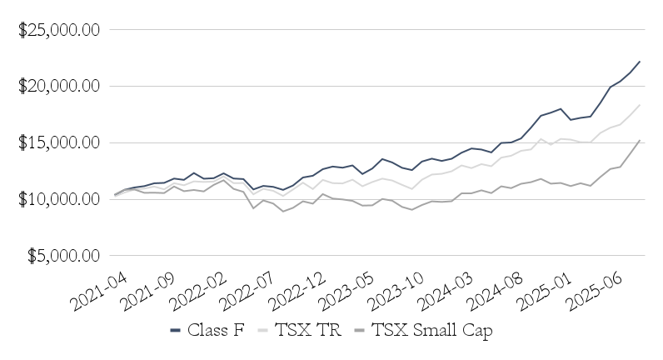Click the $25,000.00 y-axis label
59,30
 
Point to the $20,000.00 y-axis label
59,87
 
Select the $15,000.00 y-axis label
59,142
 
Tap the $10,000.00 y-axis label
59,199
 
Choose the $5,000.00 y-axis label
62,256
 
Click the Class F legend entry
207,331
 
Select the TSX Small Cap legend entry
423,331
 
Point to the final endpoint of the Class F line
640,61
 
